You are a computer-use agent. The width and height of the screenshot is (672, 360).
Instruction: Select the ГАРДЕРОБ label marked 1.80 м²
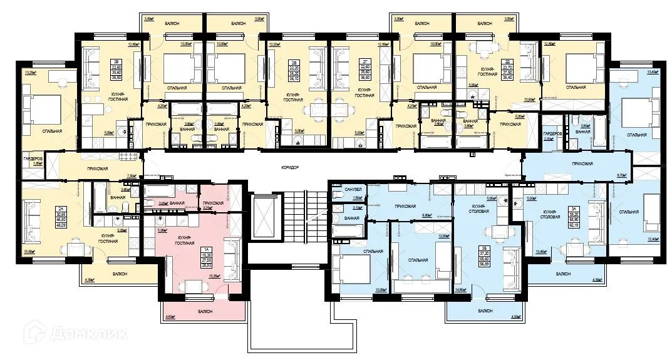pyautogui.click(x=33, y=160)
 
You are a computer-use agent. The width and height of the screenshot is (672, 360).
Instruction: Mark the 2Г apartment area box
pyautogui.click(x=363, y=64)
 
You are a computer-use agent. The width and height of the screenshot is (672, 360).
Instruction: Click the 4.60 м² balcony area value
pyautogui.click(x=169, y=317)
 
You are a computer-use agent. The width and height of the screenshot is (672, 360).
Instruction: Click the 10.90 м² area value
pyautogui.click(x=529, y=99)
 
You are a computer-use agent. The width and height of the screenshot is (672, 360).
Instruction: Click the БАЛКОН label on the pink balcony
pyautogui.click(x=203, y=311)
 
